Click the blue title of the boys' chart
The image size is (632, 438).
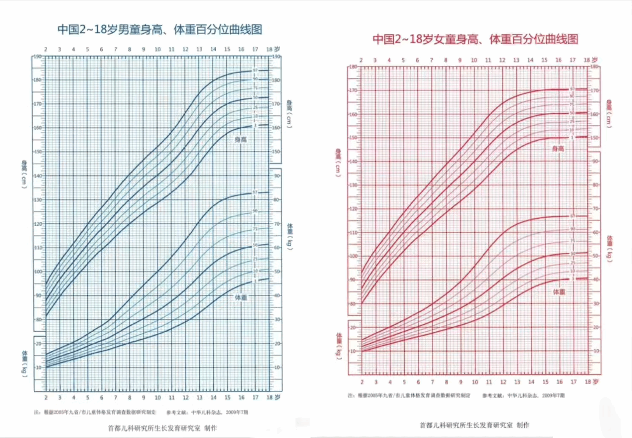(160, 29)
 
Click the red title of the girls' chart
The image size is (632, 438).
(475, 39)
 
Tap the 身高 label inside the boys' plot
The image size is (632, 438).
(241, 139)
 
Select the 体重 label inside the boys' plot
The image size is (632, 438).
(241, 298)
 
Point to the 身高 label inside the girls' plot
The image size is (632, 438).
(558, 149)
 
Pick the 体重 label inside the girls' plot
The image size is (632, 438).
(559, 292)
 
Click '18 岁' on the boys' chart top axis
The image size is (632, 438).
(273, 49)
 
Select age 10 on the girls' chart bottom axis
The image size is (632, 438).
(475, 382)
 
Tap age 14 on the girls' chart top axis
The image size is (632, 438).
(530, 60)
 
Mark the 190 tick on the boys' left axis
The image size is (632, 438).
(37, 56)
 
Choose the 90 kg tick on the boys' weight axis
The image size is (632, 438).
(277, 176)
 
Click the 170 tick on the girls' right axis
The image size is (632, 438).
(594, 91)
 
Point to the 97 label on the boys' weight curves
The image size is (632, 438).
(255, 192)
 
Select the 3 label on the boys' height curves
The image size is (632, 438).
(255, 126)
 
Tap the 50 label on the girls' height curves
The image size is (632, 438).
(572, 113)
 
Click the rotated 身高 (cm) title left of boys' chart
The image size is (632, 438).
(24, 174)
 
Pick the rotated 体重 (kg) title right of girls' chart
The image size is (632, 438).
(609, 248)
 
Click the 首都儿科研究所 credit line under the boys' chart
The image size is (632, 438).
(162, 428)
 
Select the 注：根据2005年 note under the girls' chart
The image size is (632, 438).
(409, 395)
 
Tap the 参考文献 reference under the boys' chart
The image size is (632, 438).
(207, 412)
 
